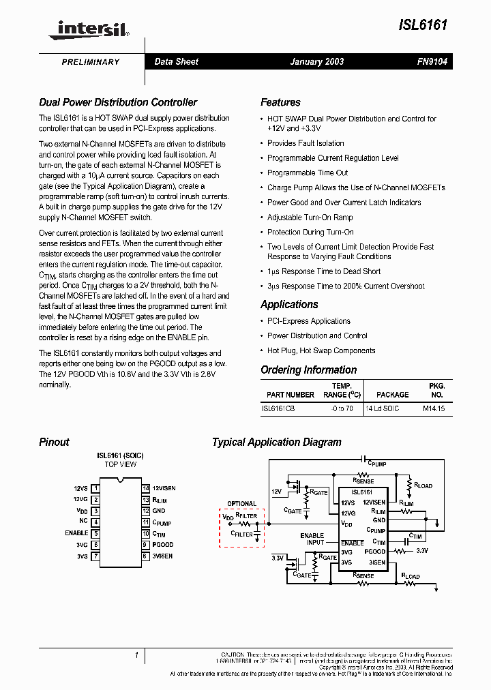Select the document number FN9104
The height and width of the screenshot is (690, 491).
(x=432, y=61)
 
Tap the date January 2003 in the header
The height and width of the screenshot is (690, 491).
(x=316, y=61)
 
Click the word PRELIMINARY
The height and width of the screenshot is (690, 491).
(x=91, y=62)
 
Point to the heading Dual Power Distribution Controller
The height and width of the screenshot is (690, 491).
(x=118, y=102)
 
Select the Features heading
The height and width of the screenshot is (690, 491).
(x=280, y=102)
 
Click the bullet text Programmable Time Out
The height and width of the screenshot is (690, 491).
(x=308, y=172)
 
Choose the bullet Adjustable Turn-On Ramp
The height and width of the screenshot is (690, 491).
(x=310, y=217)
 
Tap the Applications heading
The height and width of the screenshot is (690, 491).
(x=289, y=304)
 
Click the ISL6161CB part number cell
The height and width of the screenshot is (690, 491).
(x=278, y=408)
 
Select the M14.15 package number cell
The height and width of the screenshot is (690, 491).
(x=433, y=408)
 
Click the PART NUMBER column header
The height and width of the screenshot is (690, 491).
(x=291, y=395)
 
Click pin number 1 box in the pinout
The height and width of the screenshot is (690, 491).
(x=96, y=488)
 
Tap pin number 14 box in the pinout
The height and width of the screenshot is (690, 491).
(x=146, y=488)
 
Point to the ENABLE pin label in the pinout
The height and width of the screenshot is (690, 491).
(x=76, y=533)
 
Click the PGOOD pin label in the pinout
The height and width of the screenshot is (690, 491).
(x=163, y=545)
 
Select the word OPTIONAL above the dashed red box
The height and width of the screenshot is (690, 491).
(x=242, y=504)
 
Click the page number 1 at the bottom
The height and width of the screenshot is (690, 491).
(x=136, y=656)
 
